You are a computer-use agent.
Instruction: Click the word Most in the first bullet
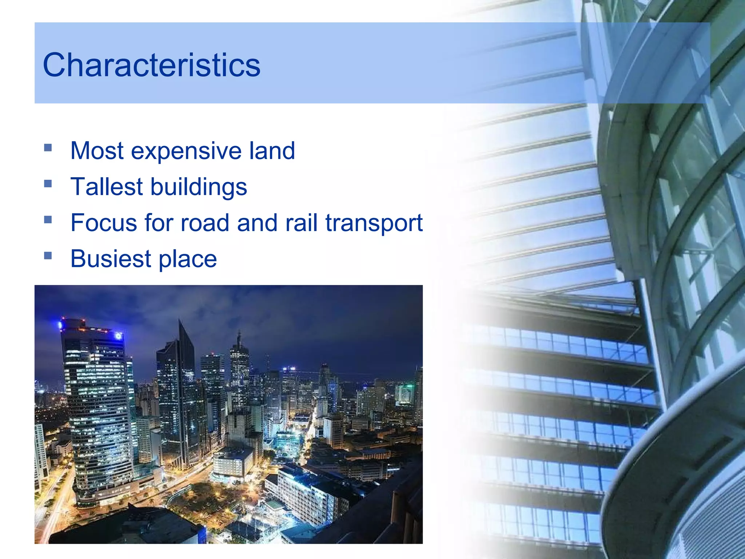pyautogui.click(x=97, y=151)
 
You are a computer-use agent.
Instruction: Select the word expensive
pyautogui.click(x=186, y=151)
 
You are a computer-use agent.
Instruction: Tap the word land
pyautogui.click(x=272, y=151)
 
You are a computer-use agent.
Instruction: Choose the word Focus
pyautogui.click(x=104, y=223)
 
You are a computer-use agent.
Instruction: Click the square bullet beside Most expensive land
pyautogui.click(x=48, y=148)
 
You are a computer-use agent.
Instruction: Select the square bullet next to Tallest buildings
pyautogui.click(x=48, y=184)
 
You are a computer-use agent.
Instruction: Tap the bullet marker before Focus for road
pyautogui.click(x=48, y=220)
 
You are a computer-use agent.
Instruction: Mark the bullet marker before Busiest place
pyautogui.click(x=48, y=256)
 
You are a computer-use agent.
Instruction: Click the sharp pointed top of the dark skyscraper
pyautogui.click(x=179, y=322)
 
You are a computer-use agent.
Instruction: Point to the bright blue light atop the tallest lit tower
pyautogui.click(x=118, y=336)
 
